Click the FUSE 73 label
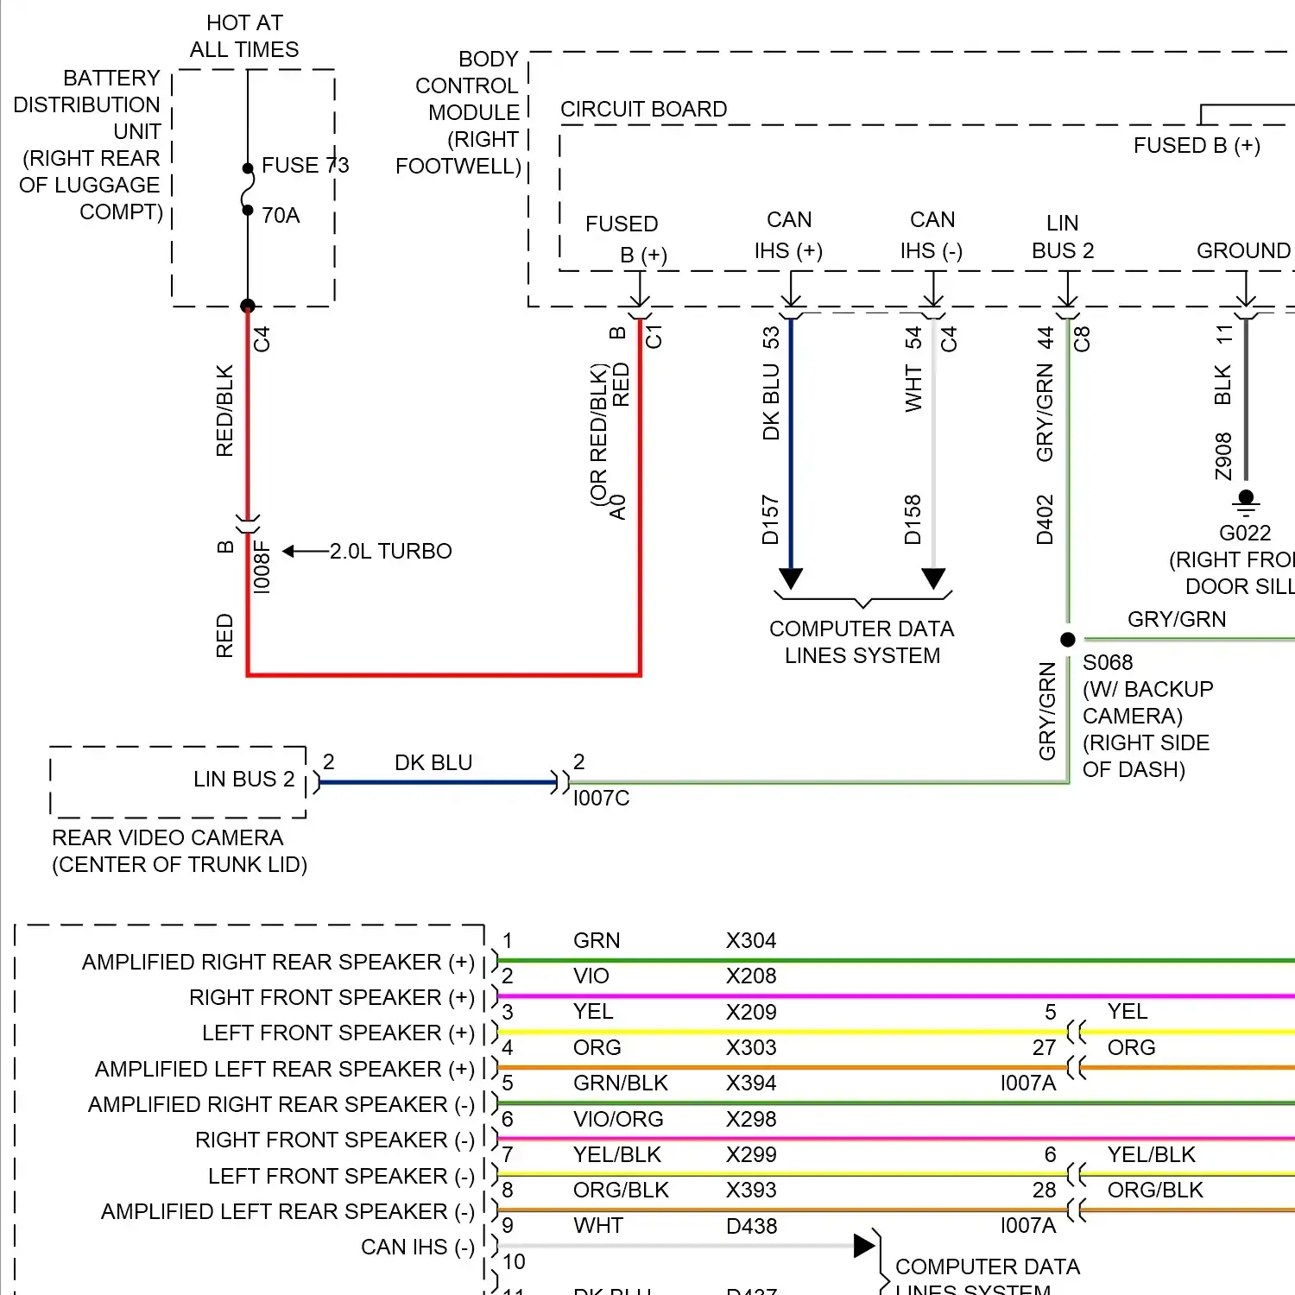[x=305, y=165]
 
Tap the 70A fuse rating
[x=281, y=215]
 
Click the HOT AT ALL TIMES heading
[x=244, y=36]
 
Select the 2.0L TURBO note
[x=390, y=551]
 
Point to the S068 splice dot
[x=1068, y=640]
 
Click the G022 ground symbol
[x=1246, y=501]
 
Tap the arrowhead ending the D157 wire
[x=791, y=578]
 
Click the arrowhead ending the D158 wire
[x=933, y=578]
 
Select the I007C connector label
[x=601, y=799]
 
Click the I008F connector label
[x=262, y=567]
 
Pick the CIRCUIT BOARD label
[x=643, y=110]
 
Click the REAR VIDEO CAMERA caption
[x=167, y=837]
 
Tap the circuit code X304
[x=750, y=940]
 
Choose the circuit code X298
[x=750, y=1119]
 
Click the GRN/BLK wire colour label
[x=620, y=1083]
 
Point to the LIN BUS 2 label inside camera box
[x=243, y=779]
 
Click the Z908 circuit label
[x=1223, y=457]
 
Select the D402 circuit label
[x=1045, y=520]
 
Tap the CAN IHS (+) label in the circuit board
[x=788, y=235]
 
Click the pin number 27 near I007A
[x=1044, y=1047]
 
